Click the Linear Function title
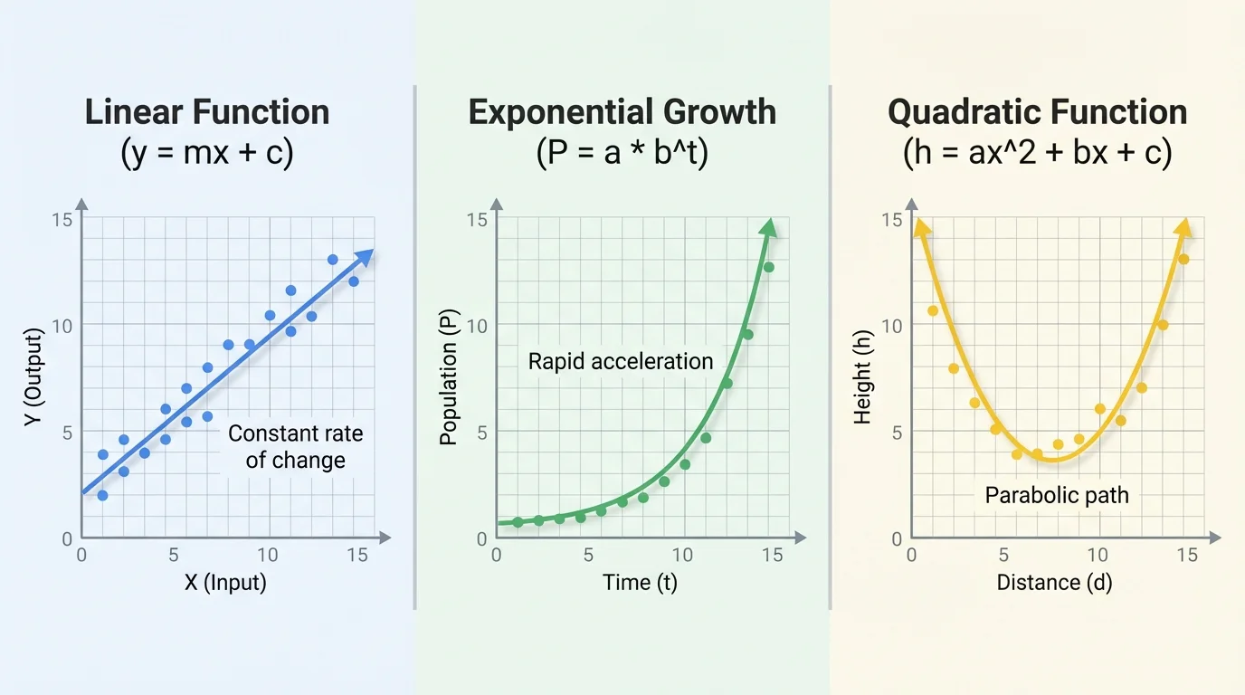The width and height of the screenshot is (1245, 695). [207, 112]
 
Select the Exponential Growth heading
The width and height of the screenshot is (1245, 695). [622, 112]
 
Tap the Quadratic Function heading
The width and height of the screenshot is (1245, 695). [1038, 112]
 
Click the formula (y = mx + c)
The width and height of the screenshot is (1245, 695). [207, 153]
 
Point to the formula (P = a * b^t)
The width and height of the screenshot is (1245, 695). [622, 153]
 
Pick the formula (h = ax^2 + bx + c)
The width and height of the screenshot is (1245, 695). [1038, 153]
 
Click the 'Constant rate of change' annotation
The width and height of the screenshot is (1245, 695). [296, 447]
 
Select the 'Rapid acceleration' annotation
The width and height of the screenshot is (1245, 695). [621, 362]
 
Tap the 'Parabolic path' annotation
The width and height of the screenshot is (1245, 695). [1057, 496]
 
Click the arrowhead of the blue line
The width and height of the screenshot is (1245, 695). [365, 257]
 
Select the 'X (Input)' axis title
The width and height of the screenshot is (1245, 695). [225, 582]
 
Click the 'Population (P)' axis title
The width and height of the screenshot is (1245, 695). [448, 378]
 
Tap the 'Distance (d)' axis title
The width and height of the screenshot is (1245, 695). [1054, 582]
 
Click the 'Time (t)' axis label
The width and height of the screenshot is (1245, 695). [640, 582]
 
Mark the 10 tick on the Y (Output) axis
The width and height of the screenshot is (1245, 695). [62, 325]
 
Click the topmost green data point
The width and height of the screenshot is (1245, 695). [768, 267]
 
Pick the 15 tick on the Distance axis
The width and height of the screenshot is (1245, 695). [1187, 555]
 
